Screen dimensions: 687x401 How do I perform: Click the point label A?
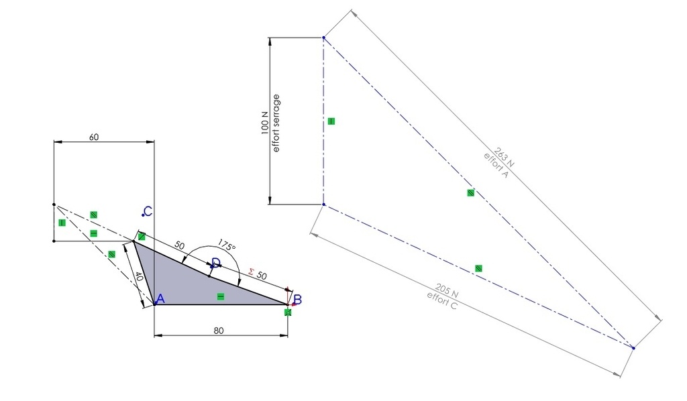point(160,299)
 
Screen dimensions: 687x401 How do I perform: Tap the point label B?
point(297,300)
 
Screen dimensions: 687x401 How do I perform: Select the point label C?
point(148,211)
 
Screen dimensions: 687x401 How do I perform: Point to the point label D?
point(216,263)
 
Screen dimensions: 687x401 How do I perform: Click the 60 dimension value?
point(94,137)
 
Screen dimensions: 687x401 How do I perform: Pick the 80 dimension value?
point(219,331)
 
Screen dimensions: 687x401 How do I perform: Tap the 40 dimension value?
point(138,277)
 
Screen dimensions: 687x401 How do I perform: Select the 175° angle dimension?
point(227,245)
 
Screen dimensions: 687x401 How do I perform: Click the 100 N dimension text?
point(264,123)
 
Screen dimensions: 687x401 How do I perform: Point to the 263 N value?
point(505,157)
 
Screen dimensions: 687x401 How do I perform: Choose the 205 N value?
point(447,290)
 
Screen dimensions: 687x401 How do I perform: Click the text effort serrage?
point(276,123)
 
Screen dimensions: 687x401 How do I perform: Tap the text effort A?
point(496,166)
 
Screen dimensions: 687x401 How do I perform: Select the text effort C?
point(441,300)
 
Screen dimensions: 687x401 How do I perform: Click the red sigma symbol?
point(251,272)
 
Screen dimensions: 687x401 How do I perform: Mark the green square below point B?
point(288,312)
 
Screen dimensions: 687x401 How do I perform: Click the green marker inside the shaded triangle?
point(221,297)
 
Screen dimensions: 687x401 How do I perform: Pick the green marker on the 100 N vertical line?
point(331,121)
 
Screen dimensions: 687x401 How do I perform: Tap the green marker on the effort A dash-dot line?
point(470,192)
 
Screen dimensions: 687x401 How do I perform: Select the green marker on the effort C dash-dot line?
point(478,268)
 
